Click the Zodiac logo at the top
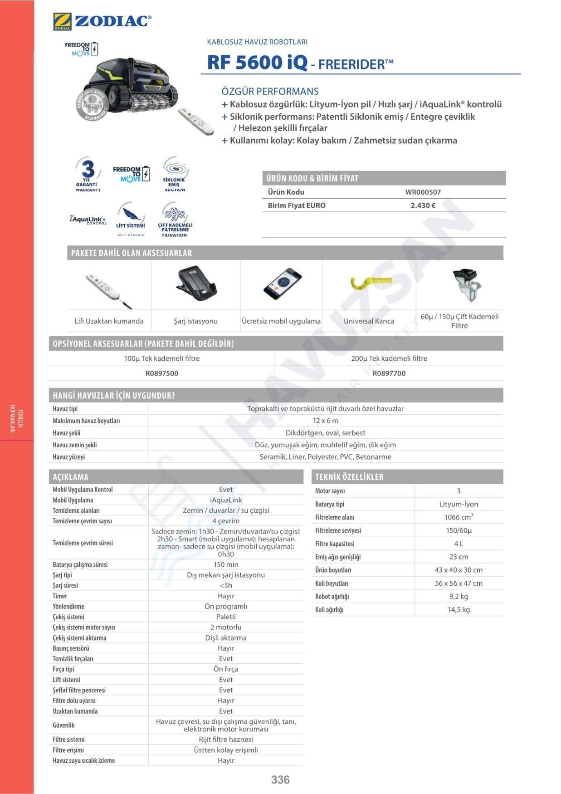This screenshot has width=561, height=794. click(102, 21)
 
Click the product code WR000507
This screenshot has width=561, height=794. click(423, 192)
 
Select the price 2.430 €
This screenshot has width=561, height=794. click(423, 206)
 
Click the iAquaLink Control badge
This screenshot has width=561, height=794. click(88, 220)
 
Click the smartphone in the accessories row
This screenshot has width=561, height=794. click(282, 284)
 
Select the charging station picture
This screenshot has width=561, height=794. click(196, 284)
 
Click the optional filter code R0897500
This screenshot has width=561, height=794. click(162, 373)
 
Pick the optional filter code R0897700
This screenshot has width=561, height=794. click(389, 373)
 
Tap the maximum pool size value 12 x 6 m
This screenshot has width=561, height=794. click(325, 421)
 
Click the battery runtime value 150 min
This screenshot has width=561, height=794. click(226, 564)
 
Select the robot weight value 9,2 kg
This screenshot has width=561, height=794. click(459, 597)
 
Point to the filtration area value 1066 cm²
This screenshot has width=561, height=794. click(459, 517)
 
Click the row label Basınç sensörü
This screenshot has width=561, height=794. click(71, 648)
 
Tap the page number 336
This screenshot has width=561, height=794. click(280, 779)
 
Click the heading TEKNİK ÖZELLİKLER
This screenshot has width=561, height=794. click(349, 477)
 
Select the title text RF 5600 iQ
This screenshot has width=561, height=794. click(257, 63)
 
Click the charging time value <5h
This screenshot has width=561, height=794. click(226, 585)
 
